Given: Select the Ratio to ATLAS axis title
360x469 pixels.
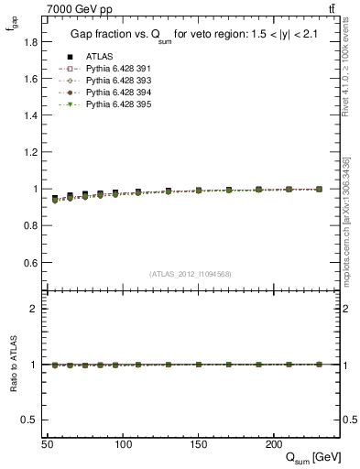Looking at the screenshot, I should pos(13,365).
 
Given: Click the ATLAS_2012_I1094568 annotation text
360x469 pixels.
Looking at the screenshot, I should pos(191,274).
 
